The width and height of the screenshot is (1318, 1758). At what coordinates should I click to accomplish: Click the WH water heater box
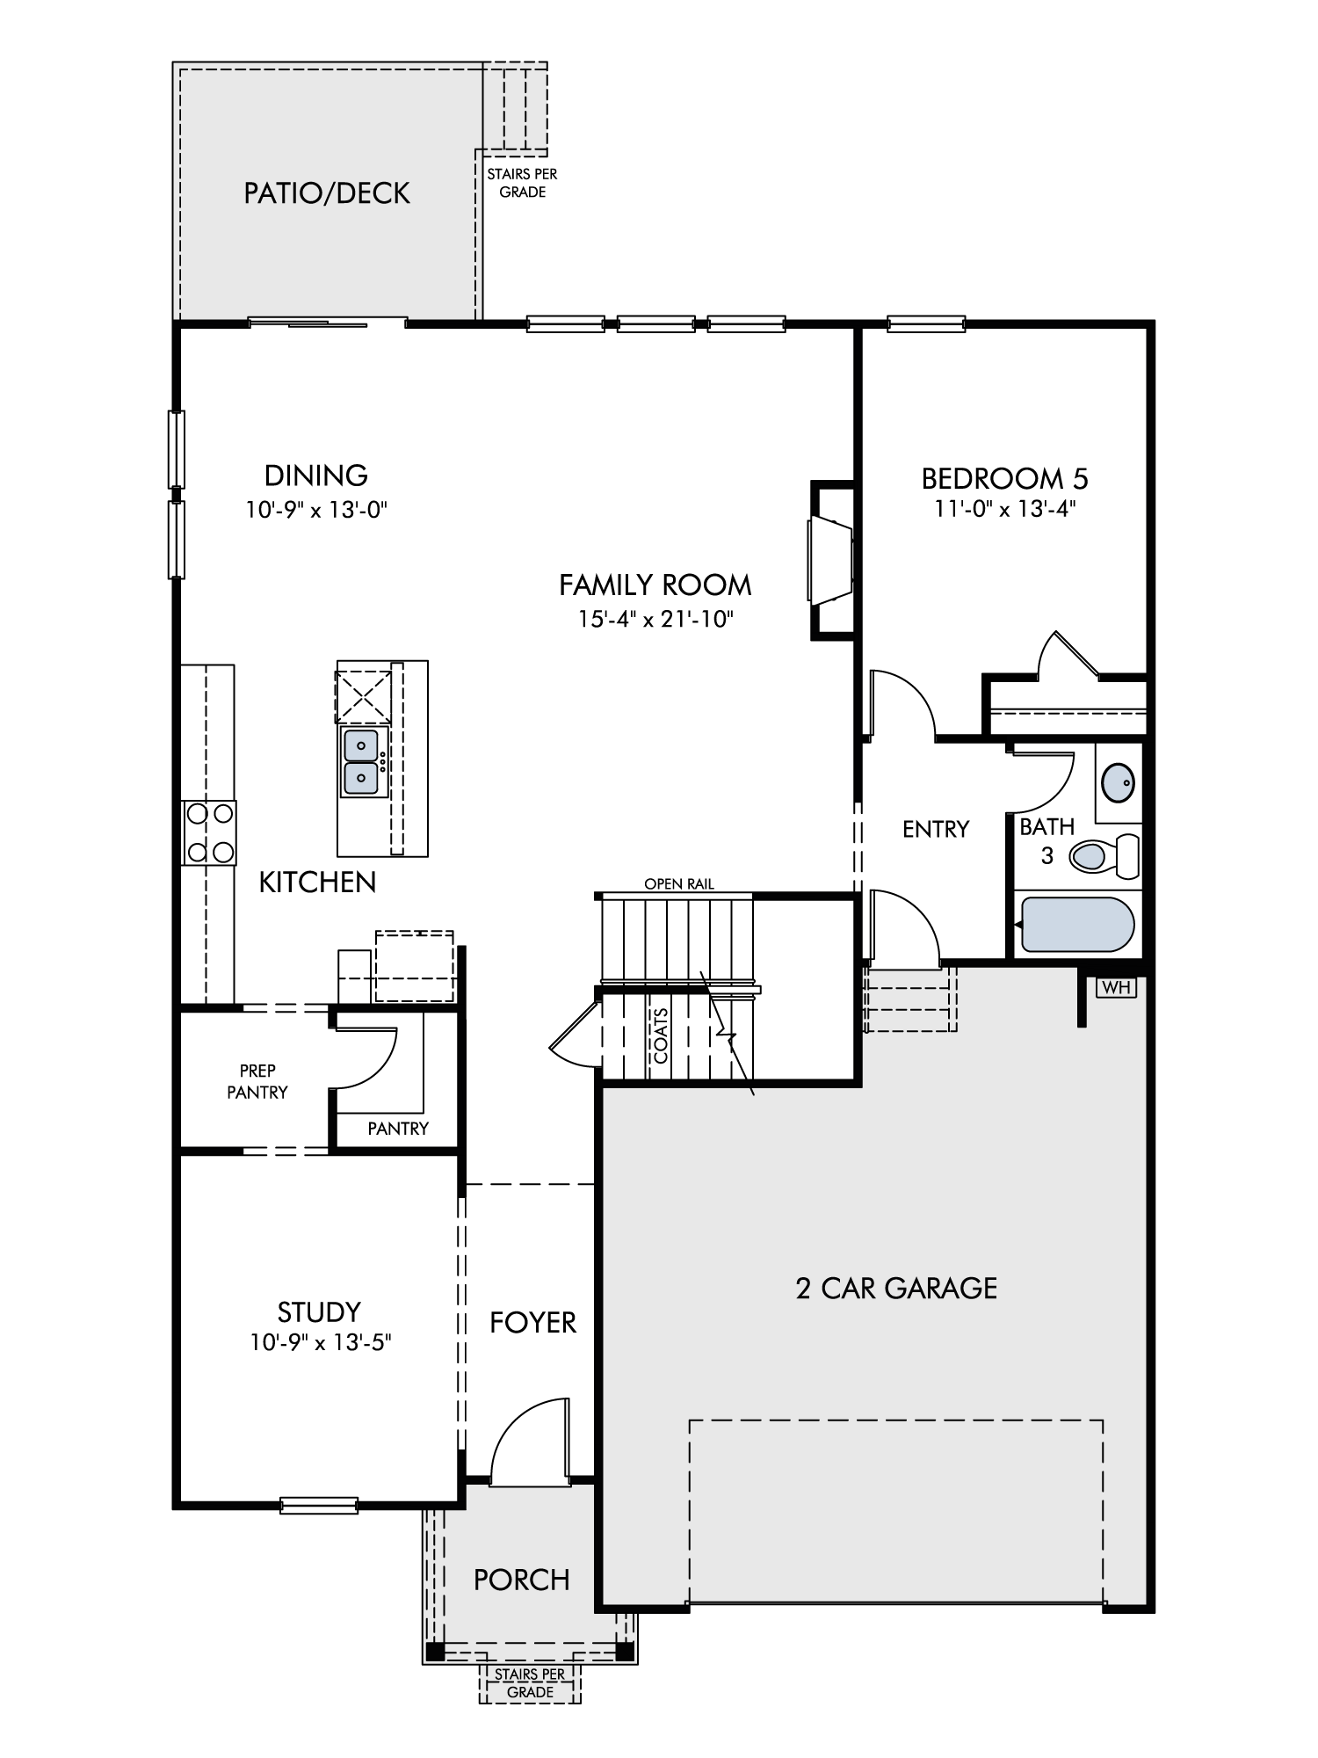click(x=1116, y=987)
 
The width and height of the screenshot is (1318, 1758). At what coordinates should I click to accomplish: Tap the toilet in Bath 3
click(x=1104, y=855)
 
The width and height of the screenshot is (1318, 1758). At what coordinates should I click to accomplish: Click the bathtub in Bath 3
click(x=1075, y=925)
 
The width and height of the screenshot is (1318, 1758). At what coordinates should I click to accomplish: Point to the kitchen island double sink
click(x=362, y=762)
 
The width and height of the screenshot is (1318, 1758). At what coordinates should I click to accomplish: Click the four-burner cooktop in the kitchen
click(x=209, y=832)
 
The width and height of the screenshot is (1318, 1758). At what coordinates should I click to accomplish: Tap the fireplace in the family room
click(x=831, y=560)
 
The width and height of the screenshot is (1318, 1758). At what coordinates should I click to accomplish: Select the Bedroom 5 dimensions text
click(x=1005, y=509)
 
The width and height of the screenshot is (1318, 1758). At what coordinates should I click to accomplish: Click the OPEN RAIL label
click(x=679, y=884)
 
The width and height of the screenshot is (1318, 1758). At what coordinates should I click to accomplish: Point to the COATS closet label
click(x=661, y=1035)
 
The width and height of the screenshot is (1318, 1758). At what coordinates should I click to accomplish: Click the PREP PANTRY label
click(x=257, y=1081)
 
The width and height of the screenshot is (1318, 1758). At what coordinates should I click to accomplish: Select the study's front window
click(x=319, y=1505)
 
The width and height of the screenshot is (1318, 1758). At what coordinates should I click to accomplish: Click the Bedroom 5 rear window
click(x=926, y=324)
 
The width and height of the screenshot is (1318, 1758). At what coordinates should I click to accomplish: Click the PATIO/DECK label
click(x=327, y=193)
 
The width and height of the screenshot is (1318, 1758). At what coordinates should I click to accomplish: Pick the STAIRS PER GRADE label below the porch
click(x=530, y=1683)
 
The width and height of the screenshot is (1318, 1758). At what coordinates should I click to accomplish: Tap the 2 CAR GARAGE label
click(x=896, y=1289)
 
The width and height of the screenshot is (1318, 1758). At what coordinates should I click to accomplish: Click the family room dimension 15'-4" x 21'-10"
click(x=655, y=619)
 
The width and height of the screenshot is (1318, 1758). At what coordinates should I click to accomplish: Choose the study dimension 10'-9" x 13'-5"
click(x=319, y=1342)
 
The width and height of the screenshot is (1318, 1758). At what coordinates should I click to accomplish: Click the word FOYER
click(x=533, y=1323)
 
